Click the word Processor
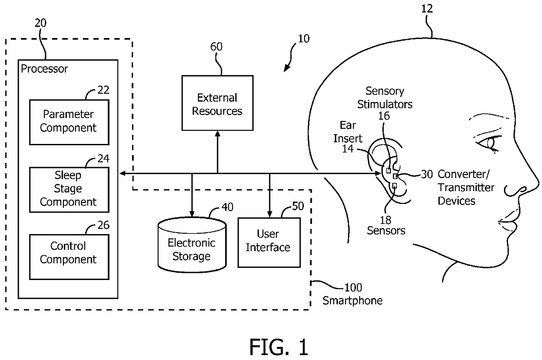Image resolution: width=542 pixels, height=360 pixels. (44, 69)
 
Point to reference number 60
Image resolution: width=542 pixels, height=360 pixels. (216, 47)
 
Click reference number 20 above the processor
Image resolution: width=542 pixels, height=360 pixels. (40, 23)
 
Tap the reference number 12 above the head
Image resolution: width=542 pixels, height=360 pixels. (427, 9)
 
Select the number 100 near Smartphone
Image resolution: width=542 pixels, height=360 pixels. (353, 288)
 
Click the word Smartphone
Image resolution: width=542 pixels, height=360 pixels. (352, 301)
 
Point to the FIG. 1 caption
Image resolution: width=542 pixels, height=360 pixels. (279, 347)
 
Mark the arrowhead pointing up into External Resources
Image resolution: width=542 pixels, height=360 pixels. (218, 134)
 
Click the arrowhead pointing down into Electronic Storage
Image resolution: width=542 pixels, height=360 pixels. (192, 214)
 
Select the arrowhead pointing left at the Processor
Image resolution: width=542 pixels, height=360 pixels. (123, 173)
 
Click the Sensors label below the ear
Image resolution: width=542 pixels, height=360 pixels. (386, 231)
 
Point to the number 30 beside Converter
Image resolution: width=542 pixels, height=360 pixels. (427, 174)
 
